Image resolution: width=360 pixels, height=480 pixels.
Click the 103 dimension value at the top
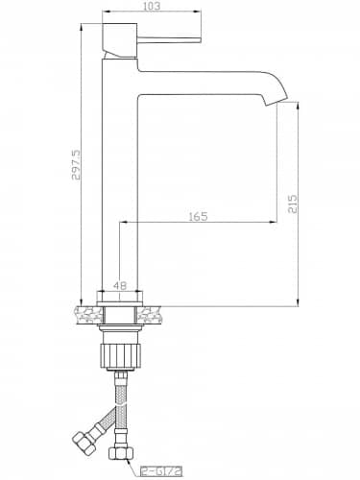(152, 6)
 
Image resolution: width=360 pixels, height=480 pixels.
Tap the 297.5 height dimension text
(77, 165)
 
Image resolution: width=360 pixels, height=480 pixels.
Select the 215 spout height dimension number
(293, 204)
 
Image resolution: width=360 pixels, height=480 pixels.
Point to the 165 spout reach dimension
(198, 217)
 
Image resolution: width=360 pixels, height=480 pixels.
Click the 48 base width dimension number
(120, 285)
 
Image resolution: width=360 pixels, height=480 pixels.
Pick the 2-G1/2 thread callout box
(161, 471)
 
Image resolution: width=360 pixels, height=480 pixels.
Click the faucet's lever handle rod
(169, 39)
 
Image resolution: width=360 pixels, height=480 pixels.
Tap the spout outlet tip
(277, 101)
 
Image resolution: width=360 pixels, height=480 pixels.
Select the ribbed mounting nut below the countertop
(120, 356)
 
